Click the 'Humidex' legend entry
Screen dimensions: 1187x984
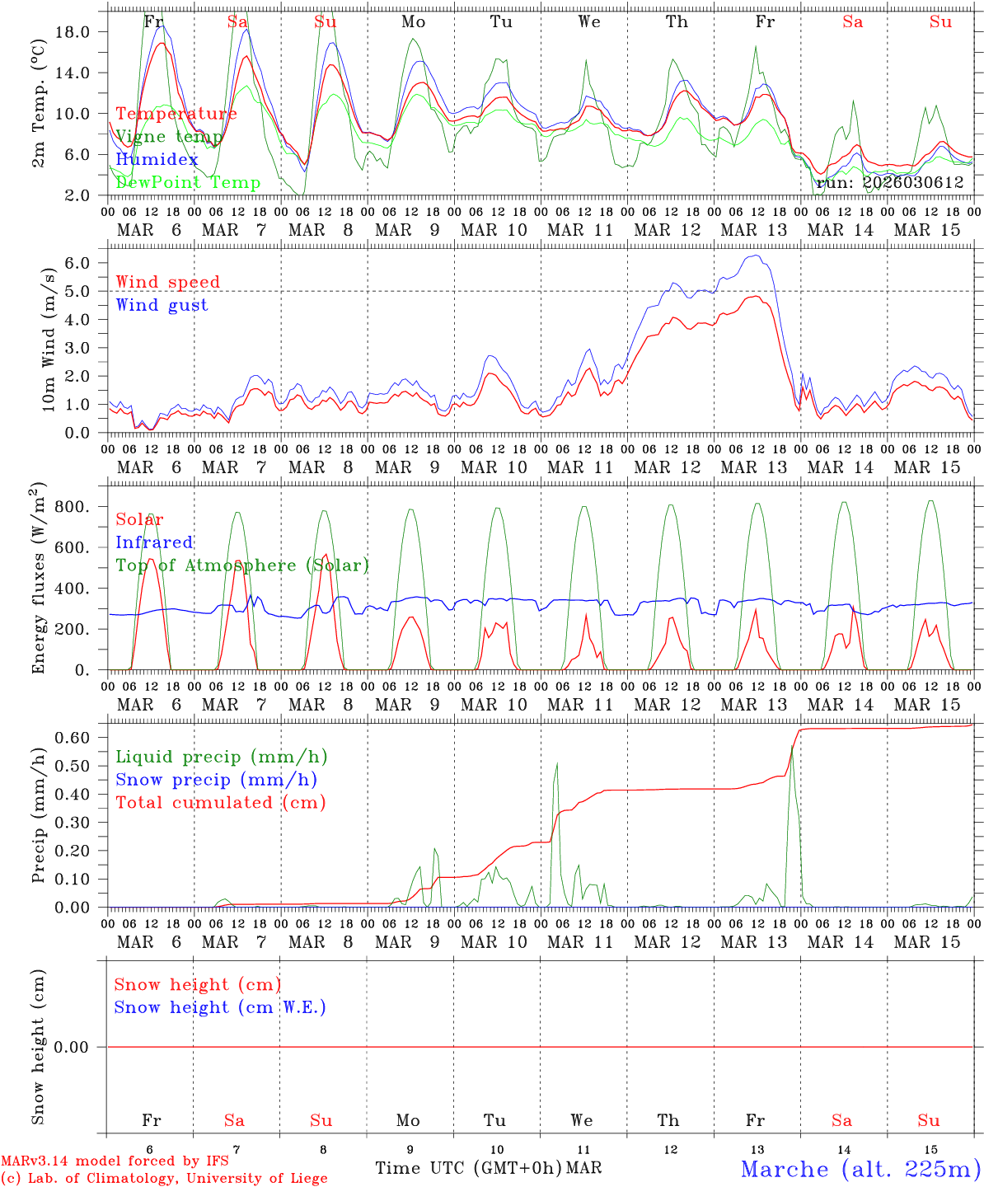[x=157, y=160]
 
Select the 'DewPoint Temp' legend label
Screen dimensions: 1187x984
[x=188, y=183]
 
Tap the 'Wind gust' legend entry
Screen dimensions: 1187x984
[x=162, y=305]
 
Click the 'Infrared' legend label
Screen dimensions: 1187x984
[x=154, y=542]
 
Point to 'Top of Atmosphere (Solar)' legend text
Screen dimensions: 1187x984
[x=242, y=565]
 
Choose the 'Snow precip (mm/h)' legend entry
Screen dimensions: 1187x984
[x=216, y=780]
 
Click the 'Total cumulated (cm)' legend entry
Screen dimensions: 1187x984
[x=220, y=803]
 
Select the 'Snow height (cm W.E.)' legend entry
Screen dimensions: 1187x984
[x=220, y=1007]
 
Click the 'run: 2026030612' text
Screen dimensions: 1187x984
[x=890, y=183]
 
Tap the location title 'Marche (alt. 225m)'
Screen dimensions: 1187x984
[x=860, y=1169]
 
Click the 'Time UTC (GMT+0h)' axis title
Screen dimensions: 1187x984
[x=468, y=1168]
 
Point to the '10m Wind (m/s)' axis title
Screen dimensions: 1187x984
[x=49, y=340]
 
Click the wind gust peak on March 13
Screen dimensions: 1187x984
[x=753, y=256]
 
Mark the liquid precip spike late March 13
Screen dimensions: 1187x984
[x=792, y=747]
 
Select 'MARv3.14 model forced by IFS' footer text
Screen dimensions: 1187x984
[x=115, y=1161]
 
